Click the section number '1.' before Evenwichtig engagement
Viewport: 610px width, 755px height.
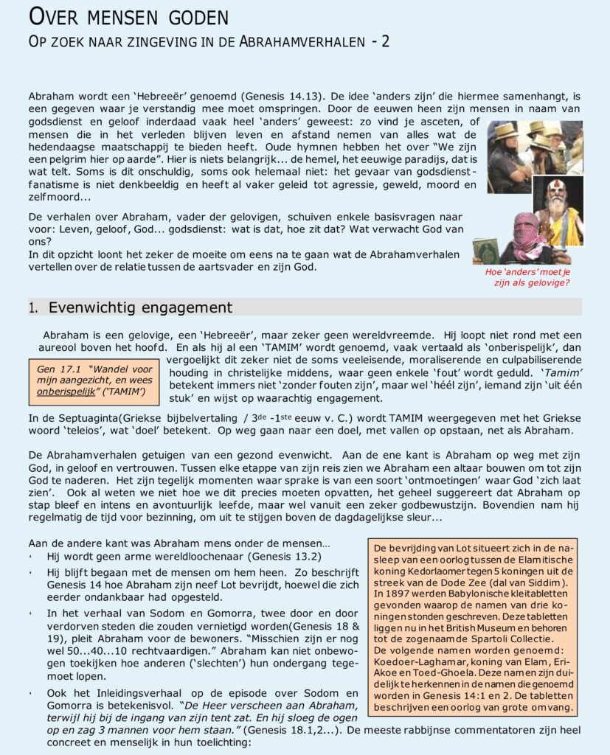coord(34,308)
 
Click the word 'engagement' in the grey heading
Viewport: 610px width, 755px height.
coord(187,307)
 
